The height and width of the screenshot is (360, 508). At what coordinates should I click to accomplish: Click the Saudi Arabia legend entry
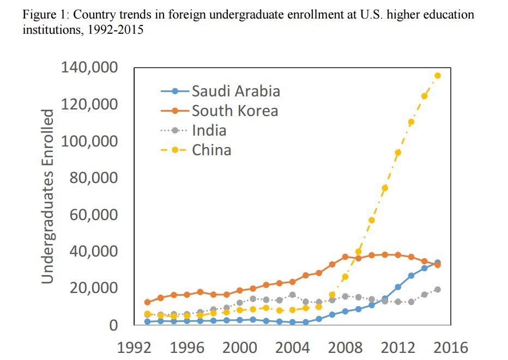pos(235,90)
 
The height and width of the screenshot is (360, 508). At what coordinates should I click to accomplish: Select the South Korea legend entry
pos(234,111)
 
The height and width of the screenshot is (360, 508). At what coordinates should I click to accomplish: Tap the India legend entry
pos(209,130)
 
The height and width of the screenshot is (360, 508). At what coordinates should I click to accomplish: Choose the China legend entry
pos(211,149)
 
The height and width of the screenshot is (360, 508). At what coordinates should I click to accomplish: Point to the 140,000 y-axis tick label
pos(92,68)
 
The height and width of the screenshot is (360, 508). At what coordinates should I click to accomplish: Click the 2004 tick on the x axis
pos(294,346)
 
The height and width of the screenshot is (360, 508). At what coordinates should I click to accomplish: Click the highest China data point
pos(438,76)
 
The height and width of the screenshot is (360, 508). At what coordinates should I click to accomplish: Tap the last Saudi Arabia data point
pos(438,263)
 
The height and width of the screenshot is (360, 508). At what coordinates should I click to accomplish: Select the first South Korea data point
pos(147,302)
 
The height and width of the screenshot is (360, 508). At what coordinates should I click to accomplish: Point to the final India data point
pos(438,289)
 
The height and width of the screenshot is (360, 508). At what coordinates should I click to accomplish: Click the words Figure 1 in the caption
pos(42,15)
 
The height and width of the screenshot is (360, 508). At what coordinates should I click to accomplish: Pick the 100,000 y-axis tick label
pos(92,141)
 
